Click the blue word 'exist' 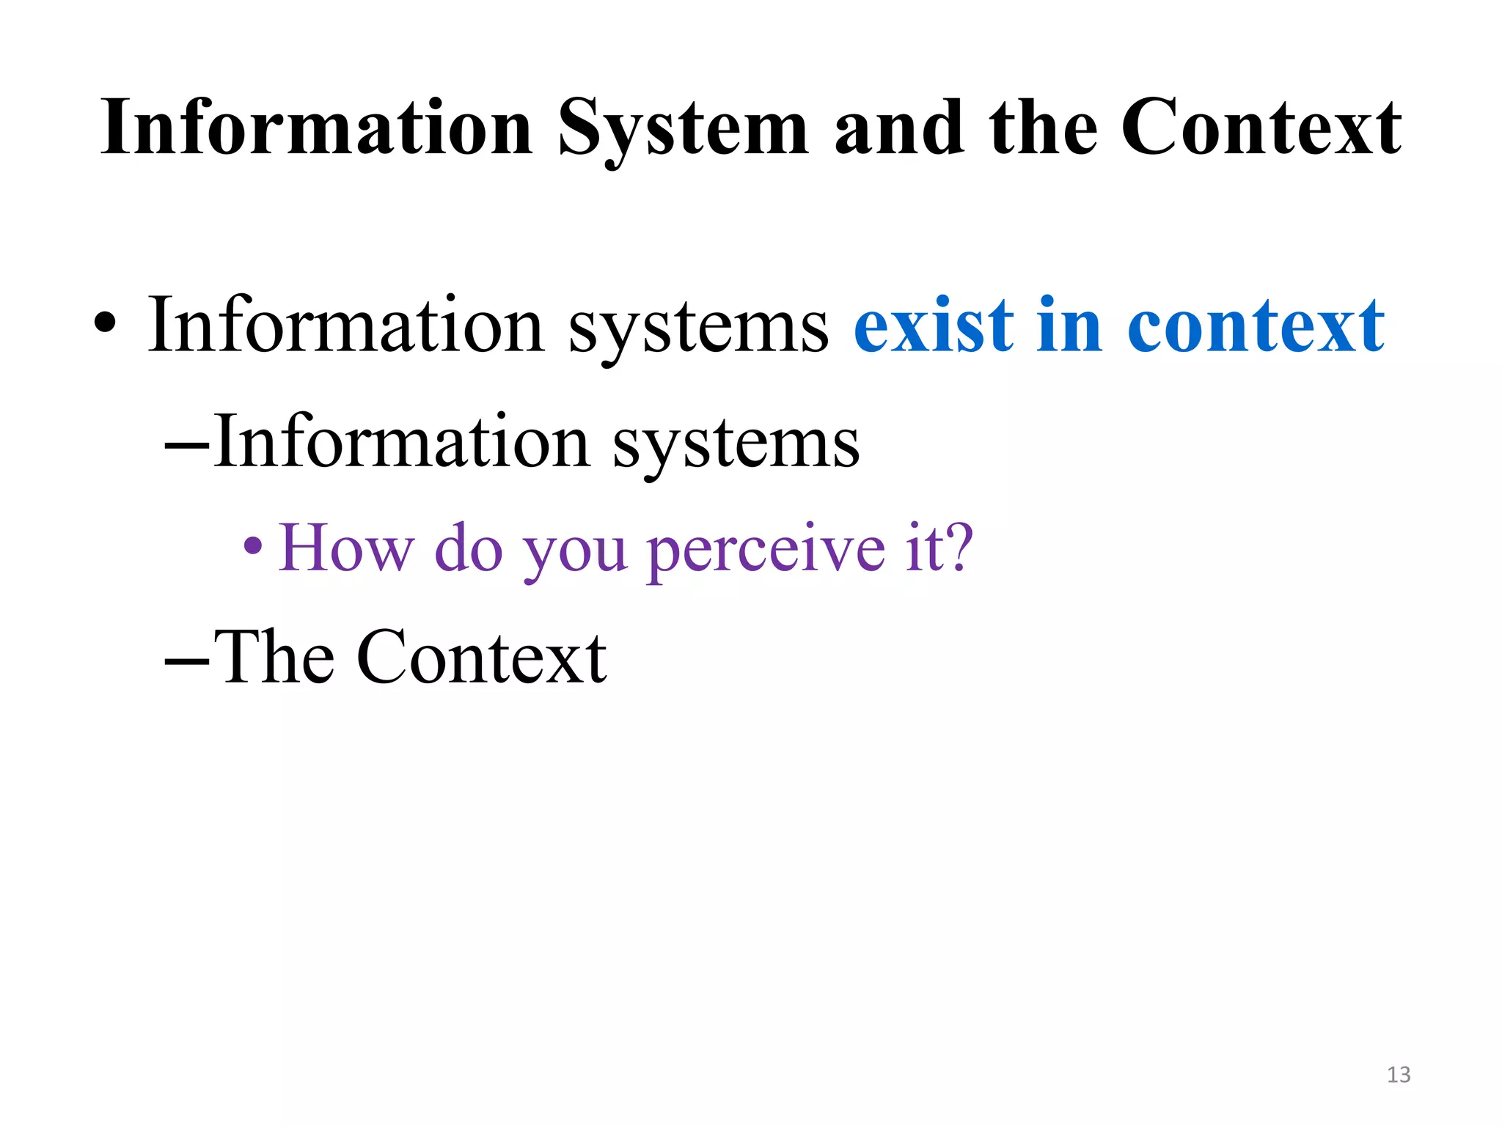click(x=934, y=326)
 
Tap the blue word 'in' click(x=1070, y=326)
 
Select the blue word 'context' click(x=1255, y=326)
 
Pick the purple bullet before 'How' click(x=253, y=545)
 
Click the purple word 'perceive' click(x=766, y=550)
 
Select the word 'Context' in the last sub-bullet click(x=481, y=658)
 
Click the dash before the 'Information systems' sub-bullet click(x=188, y=445)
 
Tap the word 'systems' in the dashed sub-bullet click(x=736, y=445)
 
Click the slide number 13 click(x=1399, y=1075)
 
